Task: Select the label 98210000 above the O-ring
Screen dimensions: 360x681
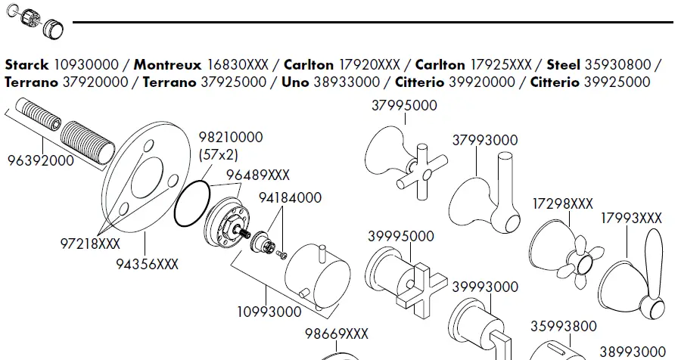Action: (231, 138)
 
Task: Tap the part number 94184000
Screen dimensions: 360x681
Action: (290, 198)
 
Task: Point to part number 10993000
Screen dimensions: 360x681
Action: (269, 312)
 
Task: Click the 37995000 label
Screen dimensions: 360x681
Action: (404, 106)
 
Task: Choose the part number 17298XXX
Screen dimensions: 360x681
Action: (562, 204)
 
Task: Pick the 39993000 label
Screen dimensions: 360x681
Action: (485, 287)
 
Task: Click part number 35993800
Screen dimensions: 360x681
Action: (562, 327)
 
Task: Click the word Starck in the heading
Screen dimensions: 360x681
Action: (26, 65)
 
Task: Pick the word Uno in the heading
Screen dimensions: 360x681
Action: (294, 82)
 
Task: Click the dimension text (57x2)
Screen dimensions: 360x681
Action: (219, 154)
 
